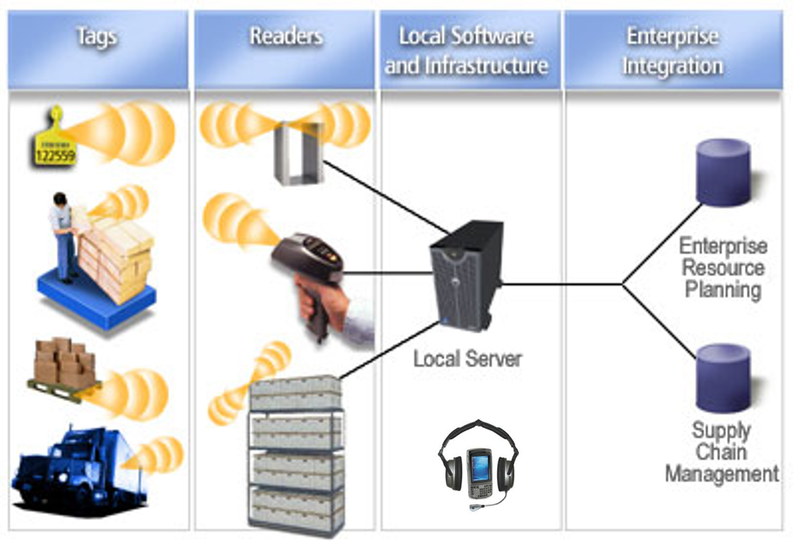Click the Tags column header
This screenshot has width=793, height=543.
(x=97, y=36)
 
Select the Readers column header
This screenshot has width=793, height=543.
(x=285, y=36)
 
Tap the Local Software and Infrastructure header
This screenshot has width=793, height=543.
(x=466, y=51)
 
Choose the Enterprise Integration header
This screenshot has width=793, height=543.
(x=673, y=51)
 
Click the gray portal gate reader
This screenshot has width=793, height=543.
(x=299, y=152)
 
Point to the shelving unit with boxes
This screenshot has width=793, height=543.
(x=296, y=453)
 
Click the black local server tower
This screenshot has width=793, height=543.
(x=465, y=275)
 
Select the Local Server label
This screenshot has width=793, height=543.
(x=467, y=359)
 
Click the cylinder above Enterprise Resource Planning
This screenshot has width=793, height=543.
(x=722, y=173)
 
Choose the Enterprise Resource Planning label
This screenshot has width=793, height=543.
(x=722, y=267)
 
